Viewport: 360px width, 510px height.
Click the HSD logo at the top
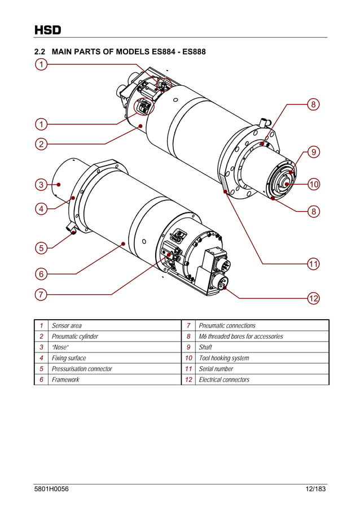[x=47, y=30]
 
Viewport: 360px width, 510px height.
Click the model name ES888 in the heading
[x=192, y=52]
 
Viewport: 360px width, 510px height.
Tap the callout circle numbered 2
[x=41, y=144]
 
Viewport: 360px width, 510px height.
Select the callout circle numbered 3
[x=41, y=185]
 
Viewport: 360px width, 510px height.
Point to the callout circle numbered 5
[x=41, y=247]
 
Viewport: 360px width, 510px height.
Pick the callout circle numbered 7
[x=41, y=294]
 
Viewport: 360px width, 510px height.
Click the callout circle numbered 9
[x=314, y=152]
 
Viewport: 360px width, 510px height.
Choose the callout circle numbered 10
[x=314, y=184]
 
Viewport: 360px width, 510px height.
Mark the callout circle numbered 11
[x=314, y=263]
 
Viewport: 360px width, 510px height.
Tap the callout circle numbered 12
[x=314, y=298]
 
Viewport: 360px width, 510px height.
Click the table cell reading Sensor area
[x=67, y=325]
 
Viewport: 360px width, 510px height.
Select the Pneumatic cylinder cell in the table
[x=74, y=337]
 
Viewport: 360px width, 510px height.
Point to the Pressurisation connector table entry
[x=82, y=369]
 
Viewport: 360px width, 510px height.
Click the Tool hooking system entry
[x=224, y=358]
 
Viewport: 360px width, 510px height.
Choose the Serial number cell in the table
[x=216, y=369]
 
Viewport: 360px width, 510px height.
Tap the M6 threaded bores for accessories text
[x=241, y=337]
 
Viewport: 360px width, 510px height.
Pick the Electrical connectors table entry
[x=224, y=380]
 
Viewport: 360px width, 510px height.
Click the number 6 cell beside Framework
[x=41, y=380]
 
